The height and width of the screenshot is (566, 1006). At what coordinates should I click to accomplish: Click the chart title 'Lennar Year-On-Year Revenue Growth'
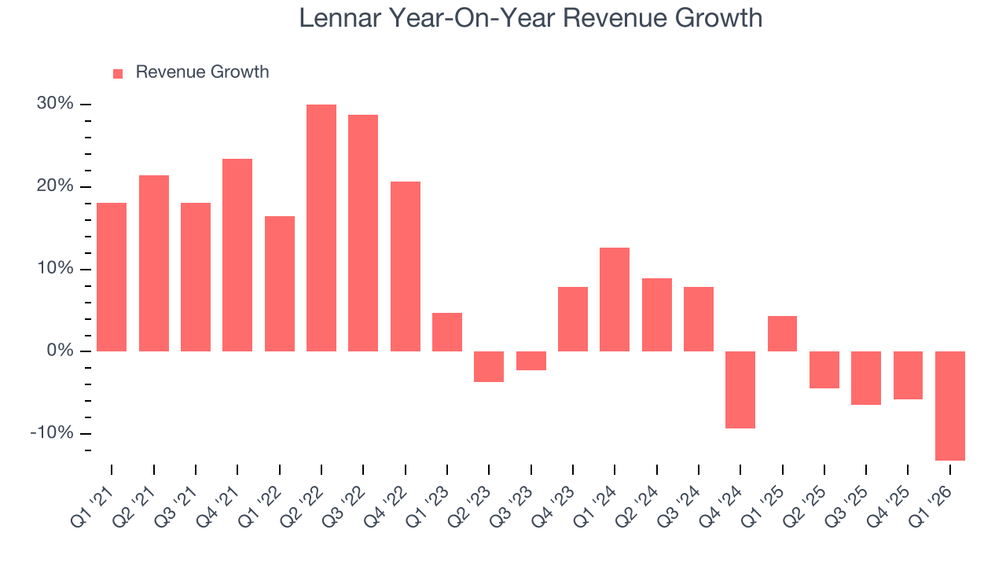coord(531,18)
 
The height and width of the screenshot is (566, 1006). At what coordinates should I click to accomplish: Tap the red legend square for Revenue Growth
coord(118,73)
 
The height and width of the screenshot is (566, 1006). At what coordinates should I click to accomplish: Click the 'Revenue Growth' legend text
coord(202,72)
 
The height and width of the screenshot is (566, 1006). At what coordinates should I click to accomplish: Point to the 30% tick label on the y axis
coord(54,104)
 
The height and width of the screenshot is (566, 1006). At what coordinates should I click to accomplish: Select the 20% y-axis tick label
coord(54,186)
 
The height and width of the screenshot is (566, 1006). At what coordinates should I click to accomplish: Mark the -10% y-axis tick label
coord(52,433)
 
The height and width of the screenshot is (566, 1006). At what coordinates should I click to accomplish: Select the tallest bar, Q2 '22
coord(321,228)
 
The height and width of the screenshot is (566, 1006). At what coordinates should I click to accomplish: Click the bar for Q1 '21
coord(112,277)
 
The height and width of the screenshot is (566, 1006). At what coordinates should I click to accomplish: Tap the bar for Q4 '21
coord(237,255)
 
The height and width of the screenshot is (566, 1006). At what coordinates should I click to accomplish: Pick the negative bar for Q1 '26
coord(950,406)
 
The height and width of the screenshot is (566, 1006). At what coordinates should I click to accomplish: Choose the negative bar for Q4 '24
coord(740,390)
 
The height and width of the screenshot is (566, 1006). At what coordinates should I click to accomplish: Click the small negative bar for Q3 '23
coord(531,361)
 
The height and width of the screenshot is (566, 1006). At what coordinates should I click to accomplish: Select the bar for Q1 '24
coord(615,300)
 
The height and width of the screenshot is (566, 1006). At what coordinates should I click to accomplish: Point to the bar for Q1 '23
coord(447,332)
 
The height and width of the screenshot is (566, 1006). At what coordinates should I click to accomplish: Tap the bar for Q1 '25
coord(782,333)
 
